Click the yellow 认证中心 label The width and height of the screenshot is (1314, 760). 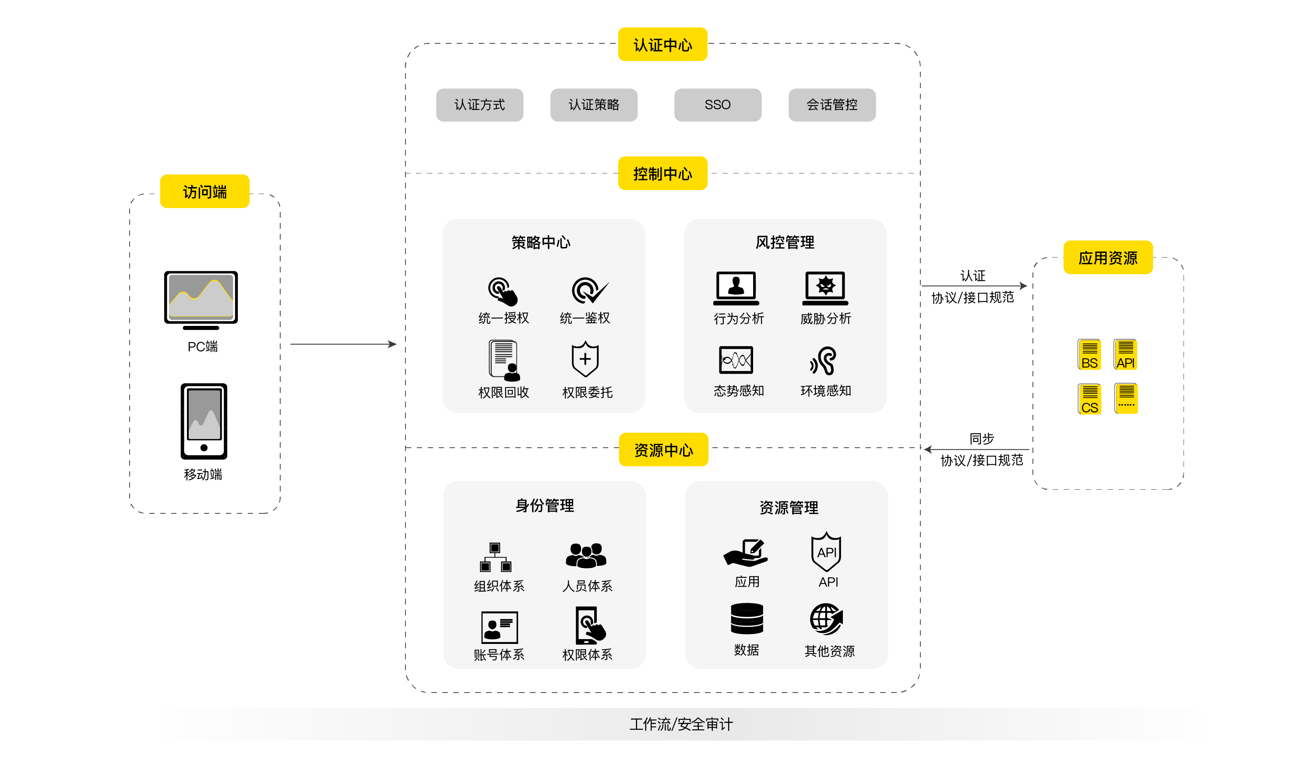(x=662, y=45)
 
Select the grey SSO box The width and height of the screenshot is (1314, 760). (x=718, y=105)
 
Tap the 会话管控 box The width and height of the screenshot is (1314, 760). (x=831, y=105)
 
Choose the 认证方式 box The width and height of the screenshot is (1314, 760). (x=479, y=105)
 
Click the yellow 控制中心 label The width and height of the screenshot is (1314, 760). (x=662, y=174)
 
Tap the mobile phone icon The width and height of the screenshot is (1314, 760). (x=204, y=421)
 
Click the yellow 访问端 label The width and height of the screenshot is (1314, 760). (x=204, y=192)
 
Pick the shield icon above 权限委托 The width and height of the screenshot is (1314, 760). (x=585, y=359)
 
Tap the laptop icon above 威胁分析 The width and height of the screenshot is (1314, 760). (x=825, y=288)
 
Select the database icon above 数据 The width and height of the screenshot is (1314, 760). (x=747, y=619)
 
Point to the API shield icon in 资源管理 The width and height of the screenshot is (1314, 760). (x=827, y=552)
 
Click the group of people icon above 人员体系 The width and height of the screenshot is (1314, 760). (x=586, y=555)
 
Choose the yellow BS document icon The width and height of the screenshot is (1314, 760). (x=1089, y=355)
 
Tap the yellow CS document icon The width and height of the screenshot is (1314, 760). (x=1089, y=399)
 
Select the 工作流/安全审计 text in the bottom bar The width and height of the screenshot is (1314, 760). (x=681, y=725)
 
